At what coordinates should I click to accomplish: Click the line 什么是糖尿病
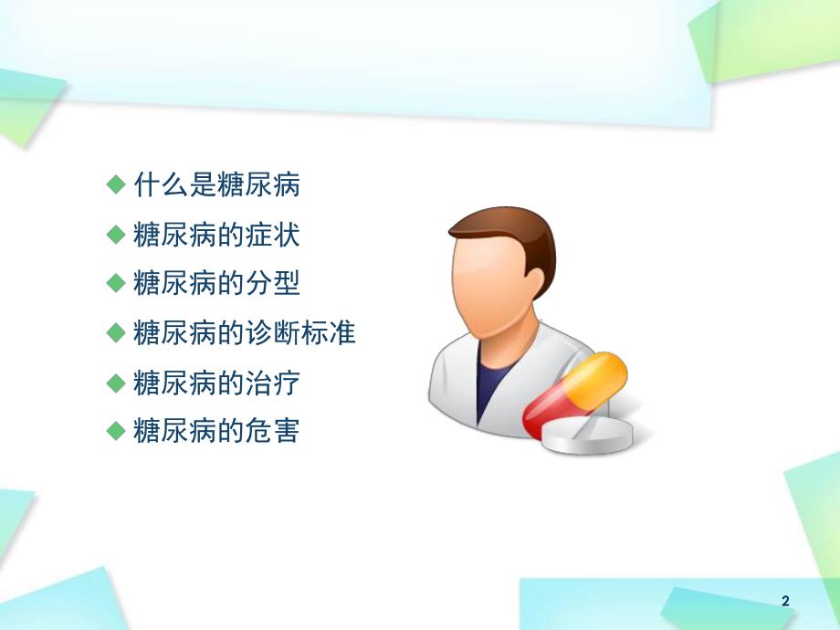[x=216, y=186]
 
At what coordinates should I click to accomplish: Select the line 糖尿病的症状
[x=216, y=235]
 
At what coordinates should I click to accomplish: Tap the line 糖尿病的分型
[x=216, y=284]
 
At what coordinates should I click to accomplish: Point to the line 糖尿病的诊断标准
[x=244, y=333]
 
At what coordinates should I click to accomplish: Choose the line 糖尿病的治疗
[x=216, y=383]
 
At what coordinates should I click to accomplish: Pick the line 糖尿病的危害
[x=216, y=431]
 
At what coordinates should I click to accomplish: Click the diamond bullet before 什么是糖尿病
[x=115, y=185]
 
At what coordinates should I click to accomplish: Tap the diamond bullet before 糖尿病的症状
[x=115, y=235]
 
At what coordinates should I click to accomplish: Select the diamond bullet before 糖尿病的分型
[x=115, y=284]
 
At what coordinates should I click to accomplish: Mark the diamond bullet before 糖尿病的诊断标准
[x=115, y=332]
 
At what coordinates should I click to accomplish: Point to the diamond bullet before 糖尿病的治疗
[x=115, y=382]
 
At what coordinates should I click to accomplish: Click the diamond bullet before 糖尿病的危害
[x=115, y=430]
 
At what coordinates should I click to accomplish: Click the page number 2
[x=785, y=601]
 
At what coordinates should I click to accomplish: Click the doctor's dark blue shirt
[x=493, y=383]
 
